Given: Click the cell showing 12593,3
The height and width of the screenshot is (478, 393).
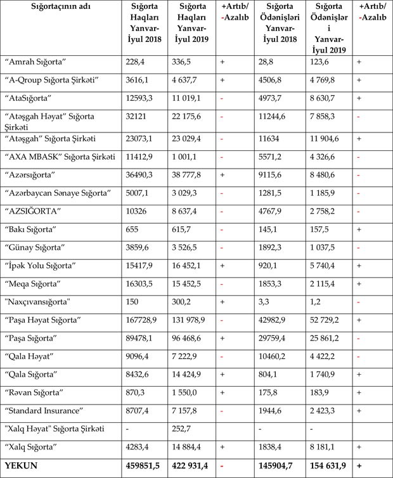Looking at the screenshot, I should tap(140, 99).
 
